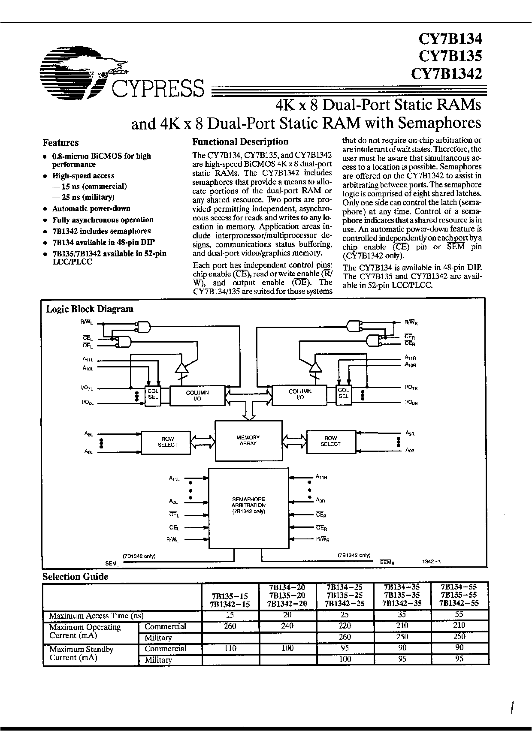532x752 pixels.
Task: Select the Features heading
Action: [60, 143]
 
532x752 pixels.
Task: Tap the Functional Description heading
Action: [240, 142]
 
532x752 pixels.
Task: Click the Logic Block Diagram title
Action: [90, 309]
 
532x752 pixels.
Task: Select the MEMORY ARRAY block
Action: [248, 441]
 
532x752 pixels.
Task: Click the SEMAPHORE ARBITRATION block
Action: [248, 508]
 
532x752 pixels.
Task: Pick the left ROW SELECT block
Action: [167, 442]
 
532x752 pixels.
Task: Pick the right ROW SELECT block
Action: [330, 441]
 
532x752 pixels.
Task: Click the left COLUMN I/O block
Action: [197, 395]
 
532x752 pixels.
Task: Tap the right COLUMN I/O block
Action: [300, 394]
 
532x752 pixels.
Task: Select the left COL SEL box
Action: [153, 394]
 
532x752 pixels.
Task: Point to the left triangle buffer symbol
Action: [183, 367]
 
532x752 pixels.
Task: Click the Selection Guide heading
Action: [75, 577]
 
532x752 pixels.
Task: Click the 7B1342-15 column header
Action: [230, 604]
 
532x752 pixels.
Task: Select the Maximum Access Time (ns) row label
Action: [96, 616]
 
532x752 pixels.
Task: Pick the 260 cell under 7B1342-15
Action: [230, 626]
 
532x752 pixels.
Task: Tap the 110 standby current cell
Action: [230, 648]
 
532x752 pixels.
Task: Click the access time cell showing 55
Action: [459, 615]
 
